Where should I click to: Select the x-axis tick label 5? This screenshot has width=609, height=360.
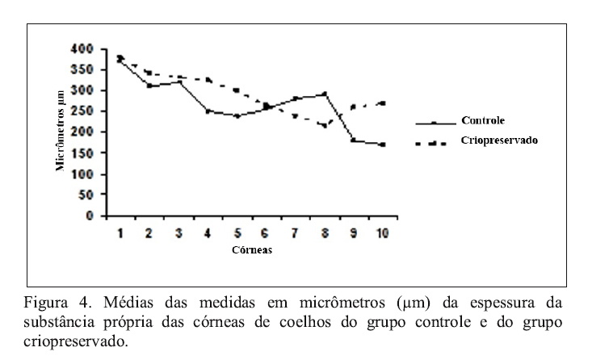(237, 233)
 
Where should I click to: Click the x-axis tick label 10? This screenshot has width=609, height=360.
(381, 233)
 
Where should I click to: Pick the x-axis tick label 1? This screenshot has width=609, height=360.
(120, 233)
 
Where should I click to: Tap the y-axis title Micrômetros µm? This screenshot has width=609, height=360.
(60, 132)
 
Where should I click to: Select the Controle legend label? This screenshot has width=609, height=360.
(483, 120)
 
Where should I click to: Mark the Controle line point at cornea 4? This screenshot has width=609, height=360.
(208, 111)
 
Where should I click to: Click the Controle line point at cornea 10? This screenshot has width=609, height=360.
(381, 144)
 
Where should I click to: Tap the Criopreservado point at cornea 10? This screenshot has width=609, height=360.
(381, 103)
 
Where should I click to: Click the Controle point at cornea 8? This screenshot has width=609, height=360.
(324, 94)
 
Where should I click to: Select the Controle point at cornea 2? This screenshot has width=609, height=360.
(149, 86)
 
